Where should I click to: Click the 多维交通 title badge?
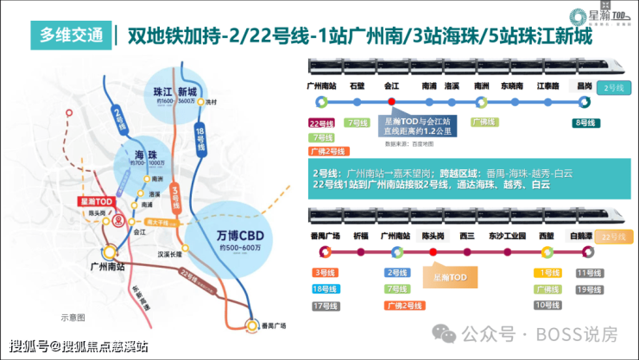[x=69, y=35]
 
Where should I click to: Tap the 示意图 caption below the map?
[x=73, y=317]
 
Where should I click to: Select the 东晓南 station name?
[x=513, y=86]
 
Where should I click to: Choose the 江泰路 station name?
[x=548, y=86]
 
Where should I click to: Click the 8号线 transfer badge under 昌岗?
[x=586, y=123]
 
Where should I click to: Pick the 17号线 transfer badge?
[x=326, y=305]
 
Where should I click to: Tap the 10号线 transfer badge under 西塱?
[x=547, y=305]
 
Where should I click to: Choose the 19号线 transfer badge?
[x=587, y=289]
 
